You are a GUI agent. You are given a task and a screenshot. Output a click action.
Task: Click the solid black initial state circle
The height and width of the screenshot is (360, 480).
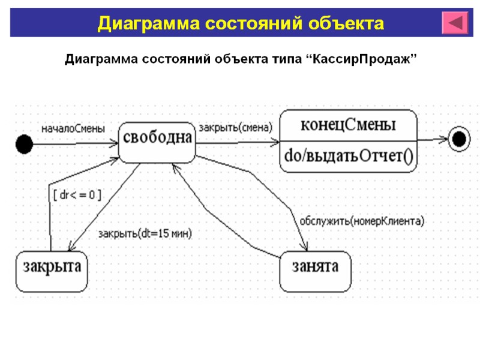pyautogui.click(x=24, y=144)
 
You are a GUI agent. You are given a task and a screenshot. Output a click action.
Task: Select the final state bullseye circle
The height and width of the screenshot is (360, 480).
pyautogui.click(x=459, y=139)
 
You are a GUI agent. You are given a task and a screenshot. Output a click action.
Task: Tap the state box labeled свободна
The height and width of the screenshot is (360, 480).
pyautogui.click(x=157, y=142)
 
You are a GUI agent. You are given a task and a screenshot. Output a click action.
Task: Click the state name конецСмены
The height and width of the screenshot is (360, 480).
pyautogui.click(x=348, y=125)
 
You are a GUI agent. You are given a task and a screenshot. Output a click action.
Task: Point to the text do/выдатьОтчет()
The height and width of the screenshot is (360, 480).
pyautogui.click(x=348, y=157)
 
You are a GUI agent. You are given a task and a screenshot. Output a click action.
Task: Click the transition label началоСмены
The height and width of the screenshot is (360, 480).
pyautogui.click(x=73, y=128)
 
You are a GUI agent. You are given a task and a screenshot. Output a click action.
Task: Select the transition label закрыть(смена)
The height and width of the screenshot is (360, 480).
pyautogui.click(x=235, y=128)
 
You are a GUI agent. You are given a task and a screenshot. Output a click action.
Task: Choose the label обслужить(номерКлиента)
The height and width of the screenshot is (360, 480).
pyautogui.click(x=361, y=221)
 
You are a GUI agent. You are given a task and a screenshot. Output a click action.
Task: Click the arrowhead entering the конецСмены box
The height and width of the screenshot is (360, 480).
pyautogui.click(x=275, y=143)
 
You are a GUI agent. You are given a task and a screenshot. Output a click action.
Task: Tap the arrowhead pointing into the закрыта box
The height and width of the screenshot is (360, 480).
pyautogui.click(x=71, y=248)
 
